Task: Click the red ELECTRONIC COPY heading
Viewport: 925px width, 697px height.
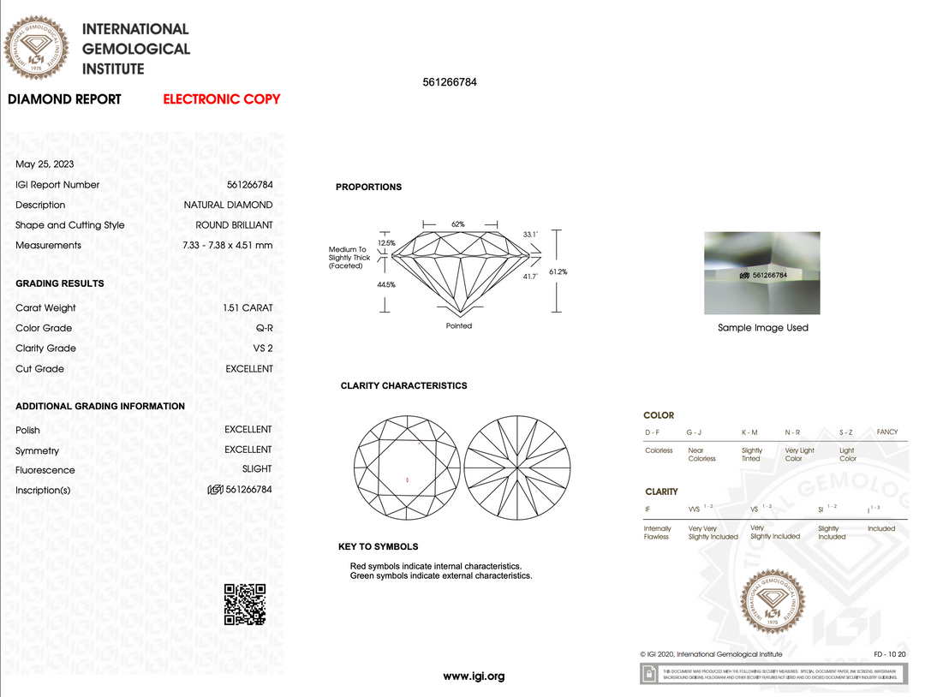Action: point(222,99)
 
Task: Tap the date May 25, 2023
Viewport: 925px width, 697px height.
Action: point(45,164)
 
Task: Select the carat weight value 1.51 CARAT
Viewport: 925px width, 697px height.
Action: point(248,308)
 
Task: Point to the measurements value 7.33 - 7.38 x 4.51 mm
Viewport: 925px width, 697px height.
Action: point(227,246)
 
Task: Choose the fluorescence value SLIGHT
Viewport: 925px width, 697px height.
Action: point(257,469)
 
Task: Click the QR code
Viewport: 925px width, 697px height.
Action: point(245,604)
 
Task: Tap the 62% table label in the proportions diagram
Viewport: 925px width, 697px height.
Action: point(458,224)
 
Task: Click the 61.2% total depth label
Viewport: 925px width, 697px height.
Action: point(558,271)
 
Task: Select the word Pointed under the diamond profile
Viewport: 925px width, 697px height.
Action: point(459,326)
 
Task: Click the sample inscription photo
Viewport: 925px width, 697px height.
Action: point(762,273)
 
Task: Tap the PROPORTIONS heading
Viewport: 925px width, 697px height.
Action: point(368,188)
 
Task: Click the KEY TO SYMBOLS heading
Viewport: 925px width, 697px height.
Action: point(378,547)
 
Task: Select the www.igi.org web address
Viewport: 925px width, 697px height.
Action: point(474,676)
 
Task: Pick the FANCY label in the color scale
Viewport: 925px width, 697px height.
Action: point(887,432)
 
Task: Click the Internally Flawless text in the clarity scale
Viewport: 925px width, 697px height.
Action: point(658,533)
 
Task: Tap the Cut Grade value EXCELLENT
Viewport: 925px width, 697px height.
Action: point(249,369)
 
